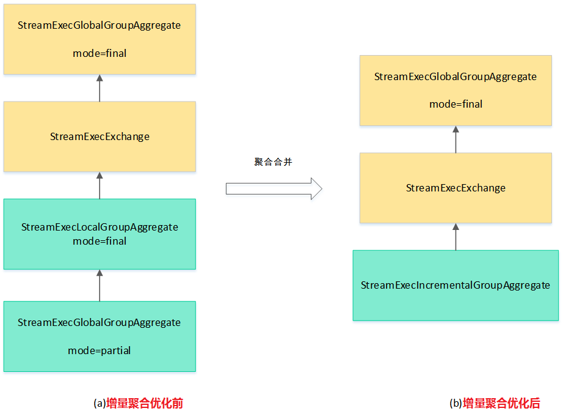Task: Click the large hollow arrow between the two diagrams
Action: [274, 188]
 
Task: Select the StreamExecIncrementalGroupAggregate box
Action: [456, 285]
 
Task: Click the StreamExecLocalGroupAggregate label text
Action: [100, 227]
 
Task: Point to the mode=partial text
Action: [100, 350]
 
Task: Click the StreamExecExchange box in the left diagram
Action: [100, 136]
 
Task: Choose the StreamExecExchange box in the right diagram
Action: [456, 188]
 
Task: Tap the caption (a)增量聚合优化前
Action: [138, 403]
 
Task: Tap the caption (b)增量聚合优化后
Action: [495, 403]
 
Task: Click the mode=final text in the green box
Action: [100, 241]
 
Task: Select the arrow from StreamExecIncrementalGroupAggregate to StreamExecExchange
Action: [456, 237]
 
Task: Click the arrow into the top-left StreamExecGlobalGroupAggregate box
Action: [100, 88]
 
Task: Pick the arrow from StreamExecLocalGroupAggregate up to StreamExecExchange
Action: [100, 185]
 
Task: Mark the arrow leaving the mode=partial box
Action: [100, 285]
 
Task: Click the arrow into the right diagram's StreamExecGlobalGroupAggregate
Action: [456, 139]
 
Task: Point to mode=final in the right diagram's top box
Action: [456, 104]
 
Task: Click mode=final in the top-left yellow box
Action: [100, 53]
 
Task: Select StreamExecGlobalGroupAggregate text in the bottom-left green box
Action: [100, 322]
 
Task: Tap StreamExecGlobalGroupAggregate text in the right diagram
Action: [456, 76]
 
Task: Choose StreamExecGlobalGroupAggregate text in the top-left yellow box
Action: [100, 26]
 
